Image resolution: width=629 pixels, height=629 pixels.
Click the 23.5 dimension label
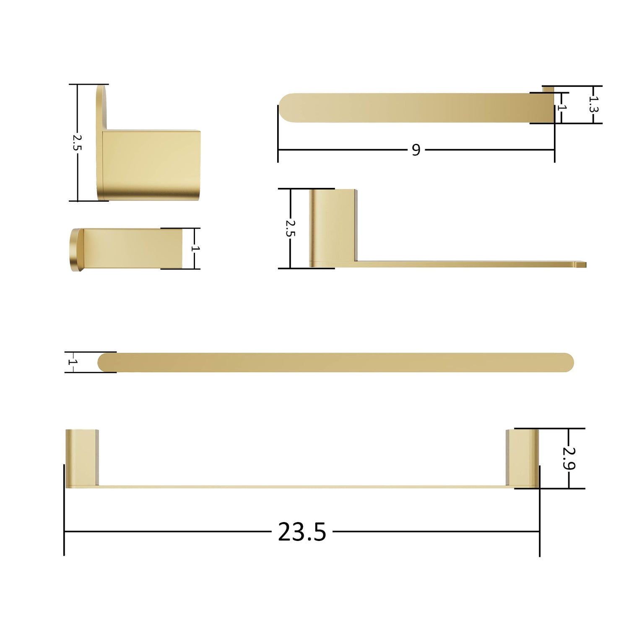302,532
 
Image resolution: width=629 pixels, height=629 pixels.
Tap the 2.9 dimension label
569,458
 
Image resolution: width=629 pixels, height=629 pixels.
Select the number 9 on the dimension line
416,150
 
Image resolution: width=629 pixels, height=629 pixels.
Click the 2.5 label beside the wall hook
77,142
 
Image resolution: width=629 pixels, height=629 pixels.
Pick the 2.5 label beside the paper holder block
290,228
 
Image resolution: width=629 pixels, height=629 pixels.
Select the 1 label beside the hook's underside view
195,248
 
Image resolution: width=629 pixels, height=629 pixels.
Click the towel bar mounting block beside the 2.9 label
522,458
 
